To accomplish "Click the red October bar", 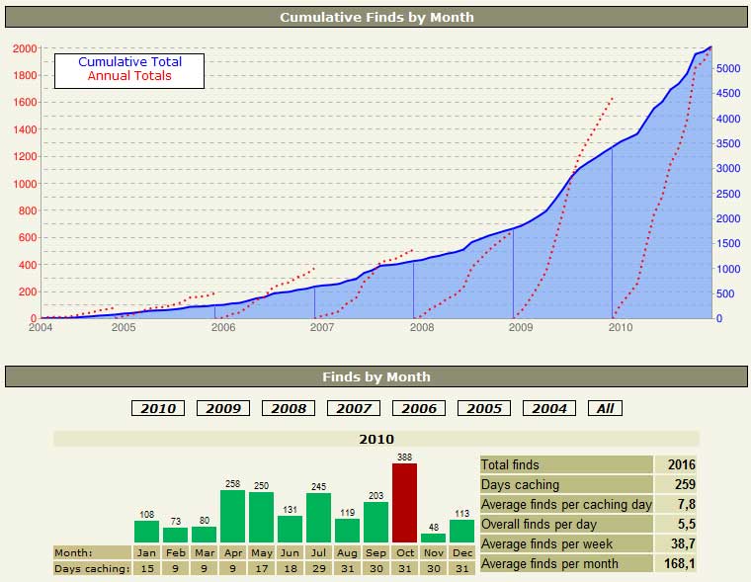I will (405, 503).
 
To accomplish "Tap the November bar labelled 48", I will (434, 539).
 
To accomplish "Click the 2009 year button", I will (223, 408).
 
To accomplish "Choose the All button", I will (606, 408).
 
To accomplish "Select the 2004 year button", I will (548, 408).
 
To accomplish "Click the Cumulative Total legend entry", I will (129, 62).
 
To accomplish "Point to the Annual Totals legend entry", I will (129, 76).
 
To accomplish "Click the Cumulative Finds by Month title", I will (375, 17).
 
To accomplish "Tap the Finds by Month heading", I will (375, 376).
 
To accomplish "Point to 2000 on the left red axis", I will (26, 48).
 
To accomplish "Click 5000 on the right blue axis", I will (726, 68).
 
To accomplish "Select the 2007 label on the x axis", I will (322, 326).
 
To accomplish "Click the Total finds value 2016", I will (682, 464).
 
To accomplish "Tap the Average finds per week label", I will (545, 543).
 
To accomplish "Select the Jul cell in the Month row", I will (318, 552).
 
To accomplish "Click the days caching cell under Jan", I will (146, 568).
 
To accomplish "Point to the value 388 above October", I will (405, 457).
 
